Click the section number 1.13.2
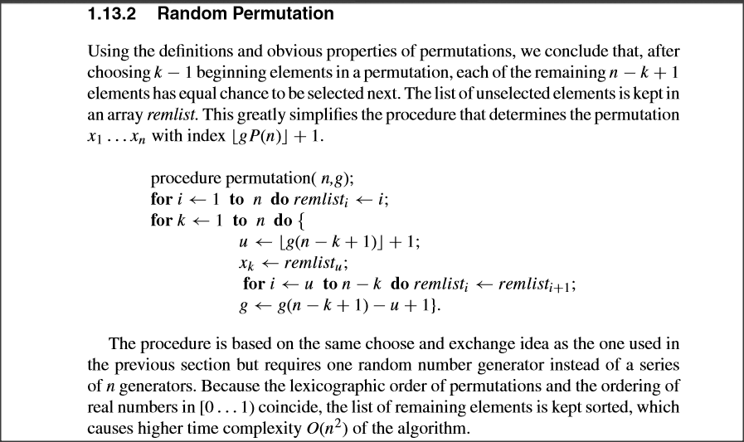pos(114,14)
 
